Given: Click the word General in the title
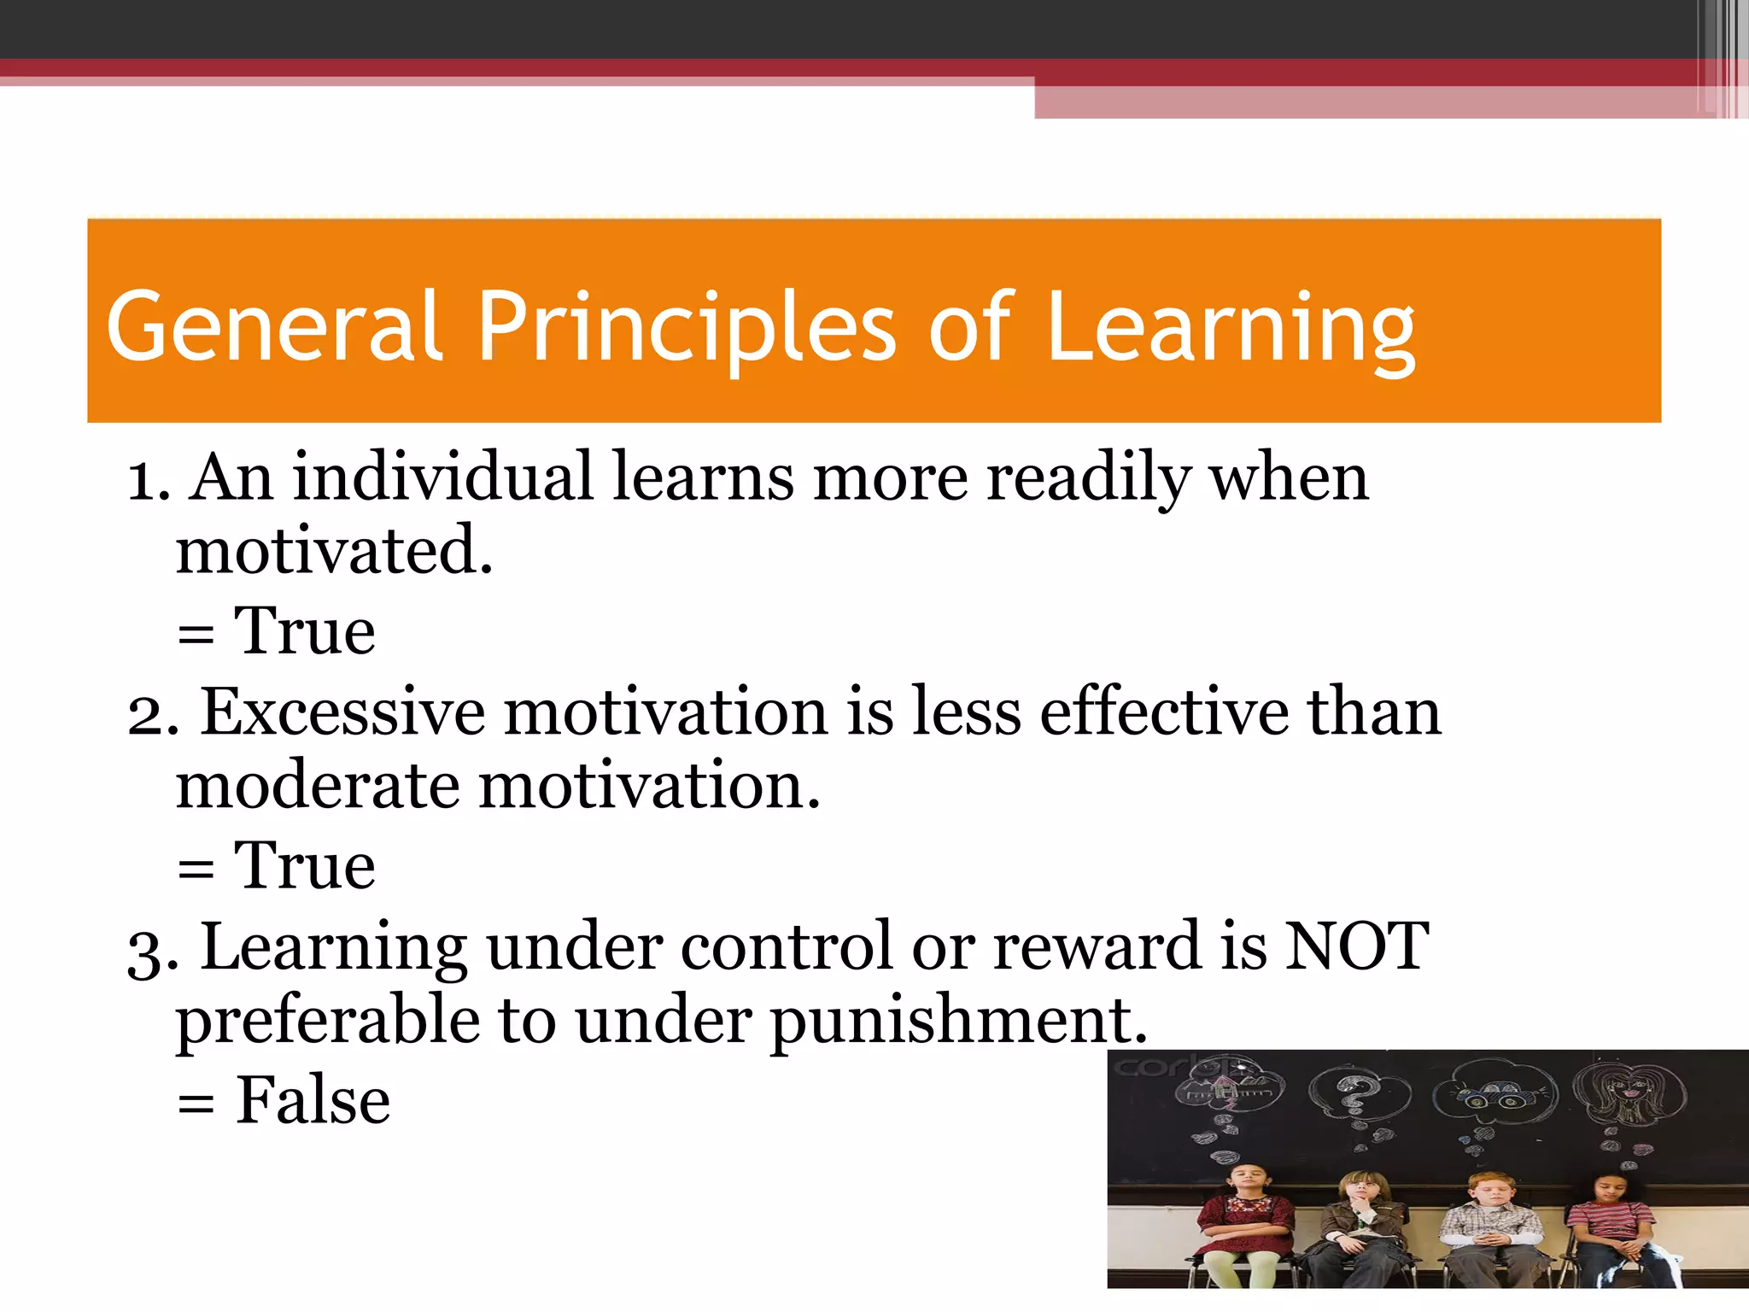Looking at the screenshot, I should coord(273,326).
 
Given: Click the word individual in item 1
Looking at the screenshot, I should coord(442,477).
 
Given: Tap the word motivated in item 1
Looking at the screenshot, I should coord(334,551).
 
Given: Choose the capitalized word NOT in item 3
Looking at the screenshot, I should coord(1356,946).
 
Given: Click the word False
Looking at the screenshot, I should coord(313,1100).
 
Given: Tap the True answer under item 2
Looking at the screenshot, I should coord(304,866).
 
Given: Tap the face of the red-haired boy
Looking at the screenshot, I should coord(1491,1189).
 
